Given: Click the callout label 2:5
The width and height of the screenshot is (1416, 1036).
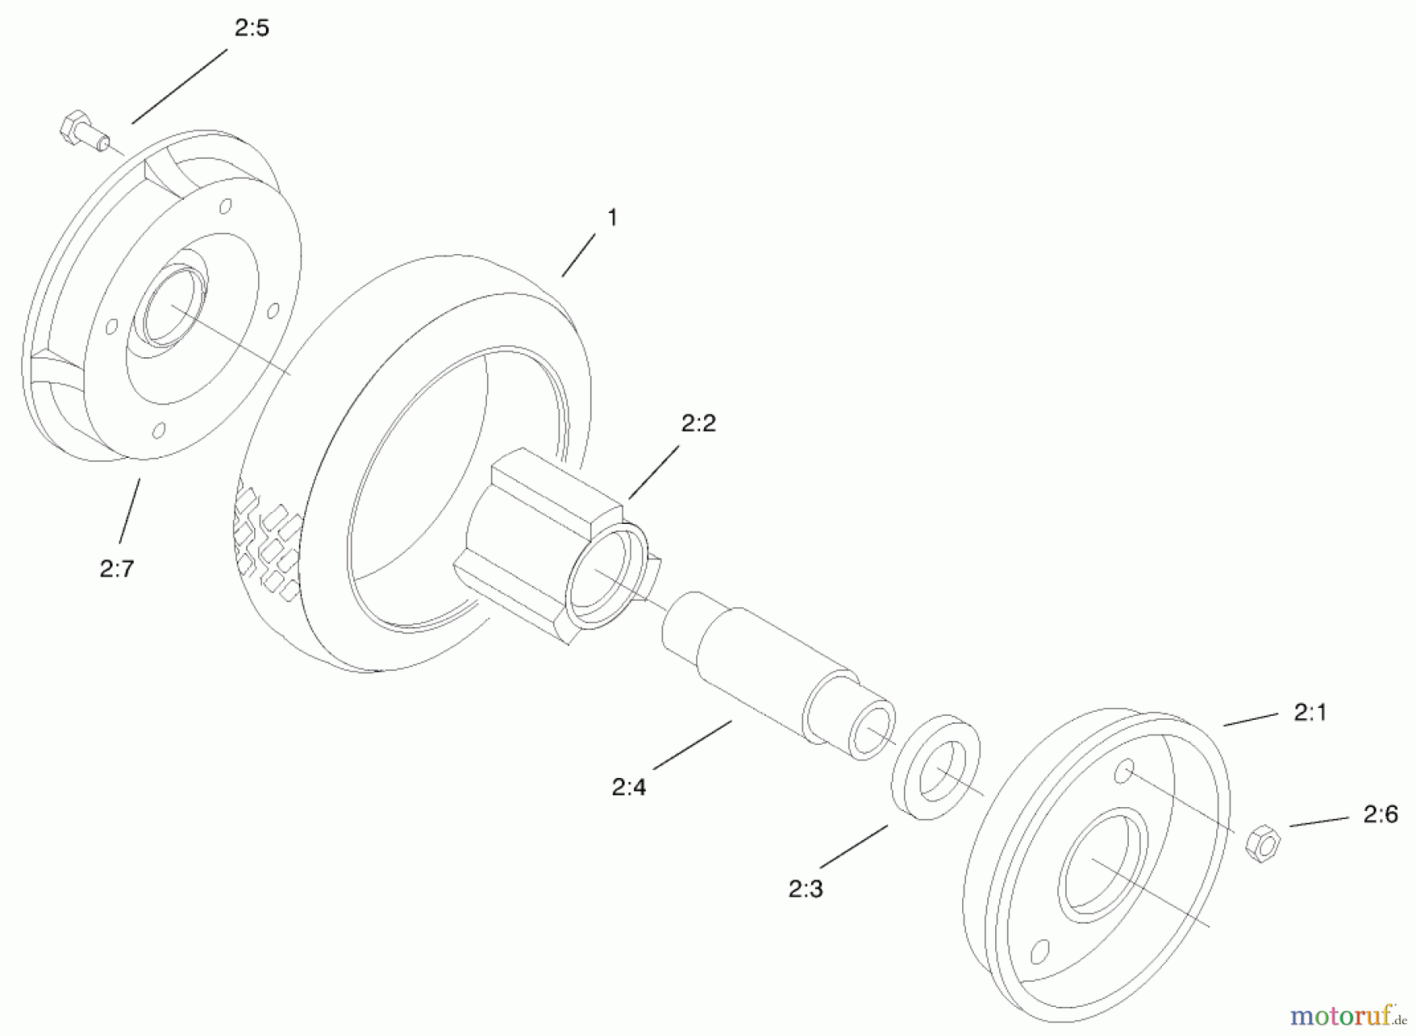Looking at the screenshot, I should pos(252,28).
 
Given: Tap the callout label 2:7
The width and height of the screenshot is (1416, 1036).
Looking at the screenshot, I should pos(116,568).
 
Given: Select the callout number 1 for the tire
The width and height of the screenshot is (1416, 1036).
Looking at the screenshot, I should pos(613,218).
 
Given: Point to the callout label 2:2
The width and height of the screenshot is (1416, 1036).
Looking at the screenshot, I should pos(698,424).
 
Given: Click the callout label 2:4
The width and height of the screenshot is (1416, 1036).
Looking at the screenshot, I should pos(629,787).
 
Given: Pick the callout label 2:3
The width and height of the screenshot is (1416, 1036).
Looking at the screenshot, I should pos(805,889).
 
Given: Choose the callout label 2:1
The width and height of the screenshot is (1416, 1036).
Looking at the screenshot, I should pos(1310,713).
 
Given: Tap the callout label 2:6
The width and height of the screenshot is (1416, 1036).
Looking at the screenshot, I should pos(1380,815).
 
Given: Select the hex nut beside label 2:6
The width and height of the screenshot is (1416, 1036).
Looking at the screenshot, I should pos(1263,843).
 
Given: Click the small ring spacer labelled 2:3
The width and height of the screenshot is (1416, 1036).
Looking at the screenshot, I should pos(935,767).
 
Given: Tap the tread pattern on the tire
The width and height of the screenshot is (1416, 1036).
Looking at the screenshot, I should pos(267,543).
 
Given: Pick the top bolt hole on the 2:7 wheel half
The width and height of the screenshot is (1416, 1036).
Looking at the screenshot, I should pos(226,206).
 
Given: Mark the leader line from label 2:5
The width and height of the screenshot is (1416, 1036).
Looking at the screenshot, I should pos(179,86).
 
